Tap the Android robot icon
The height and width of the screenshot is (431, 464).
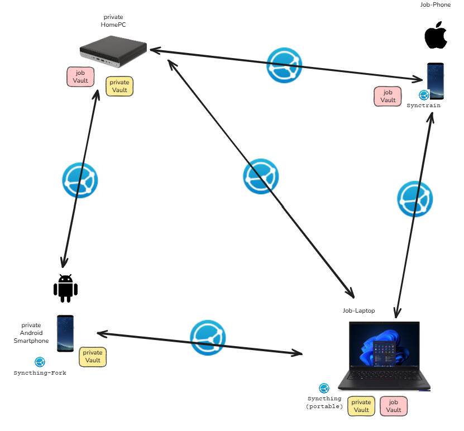pyautogui.click(x=65, y=289)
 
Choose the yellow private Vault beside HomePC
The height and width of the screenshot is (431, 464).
pyautogui.click(x=119, y=86)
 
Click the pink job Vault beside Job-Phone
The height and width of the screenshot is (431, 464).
pyautogui.click(x=388, y=96)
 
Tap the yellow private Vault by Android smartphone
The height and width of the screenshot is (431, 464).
pyautogui.click(x=93, y=356)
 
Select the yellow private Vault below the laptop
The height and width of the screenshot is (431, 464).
pyautogui.click(x=361, y=406)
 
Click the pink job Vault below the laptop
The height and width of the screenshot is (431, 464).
pyautogui.click(x=394, y=406)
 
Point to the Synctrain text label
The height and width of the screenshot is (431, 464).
pyautogui.click(x=423, y=106)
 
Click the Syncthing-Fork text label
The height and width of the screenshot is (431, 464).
pyautogui.click(x=40, y=372)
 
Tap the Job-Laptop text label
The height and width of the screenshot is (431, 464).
pyautogui.click(x=358, y=310)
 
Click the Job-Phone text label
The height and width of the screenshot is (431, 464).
pyautogui.click(x=435, y=5)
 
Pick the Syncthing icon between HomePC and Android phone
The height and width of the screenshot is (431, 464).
pyautogui.click(x=79, y=180)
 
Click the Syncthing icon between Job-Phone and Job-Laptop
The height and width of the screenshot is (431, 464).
pyautogui.click(x=415, y=199)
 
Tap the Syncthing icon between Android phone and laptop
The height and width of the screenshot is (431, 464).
pyautogui.click(x=208, y=338)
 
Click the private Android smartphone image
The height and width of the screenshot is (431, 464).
pyautogui.click(x=65, y=333)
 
